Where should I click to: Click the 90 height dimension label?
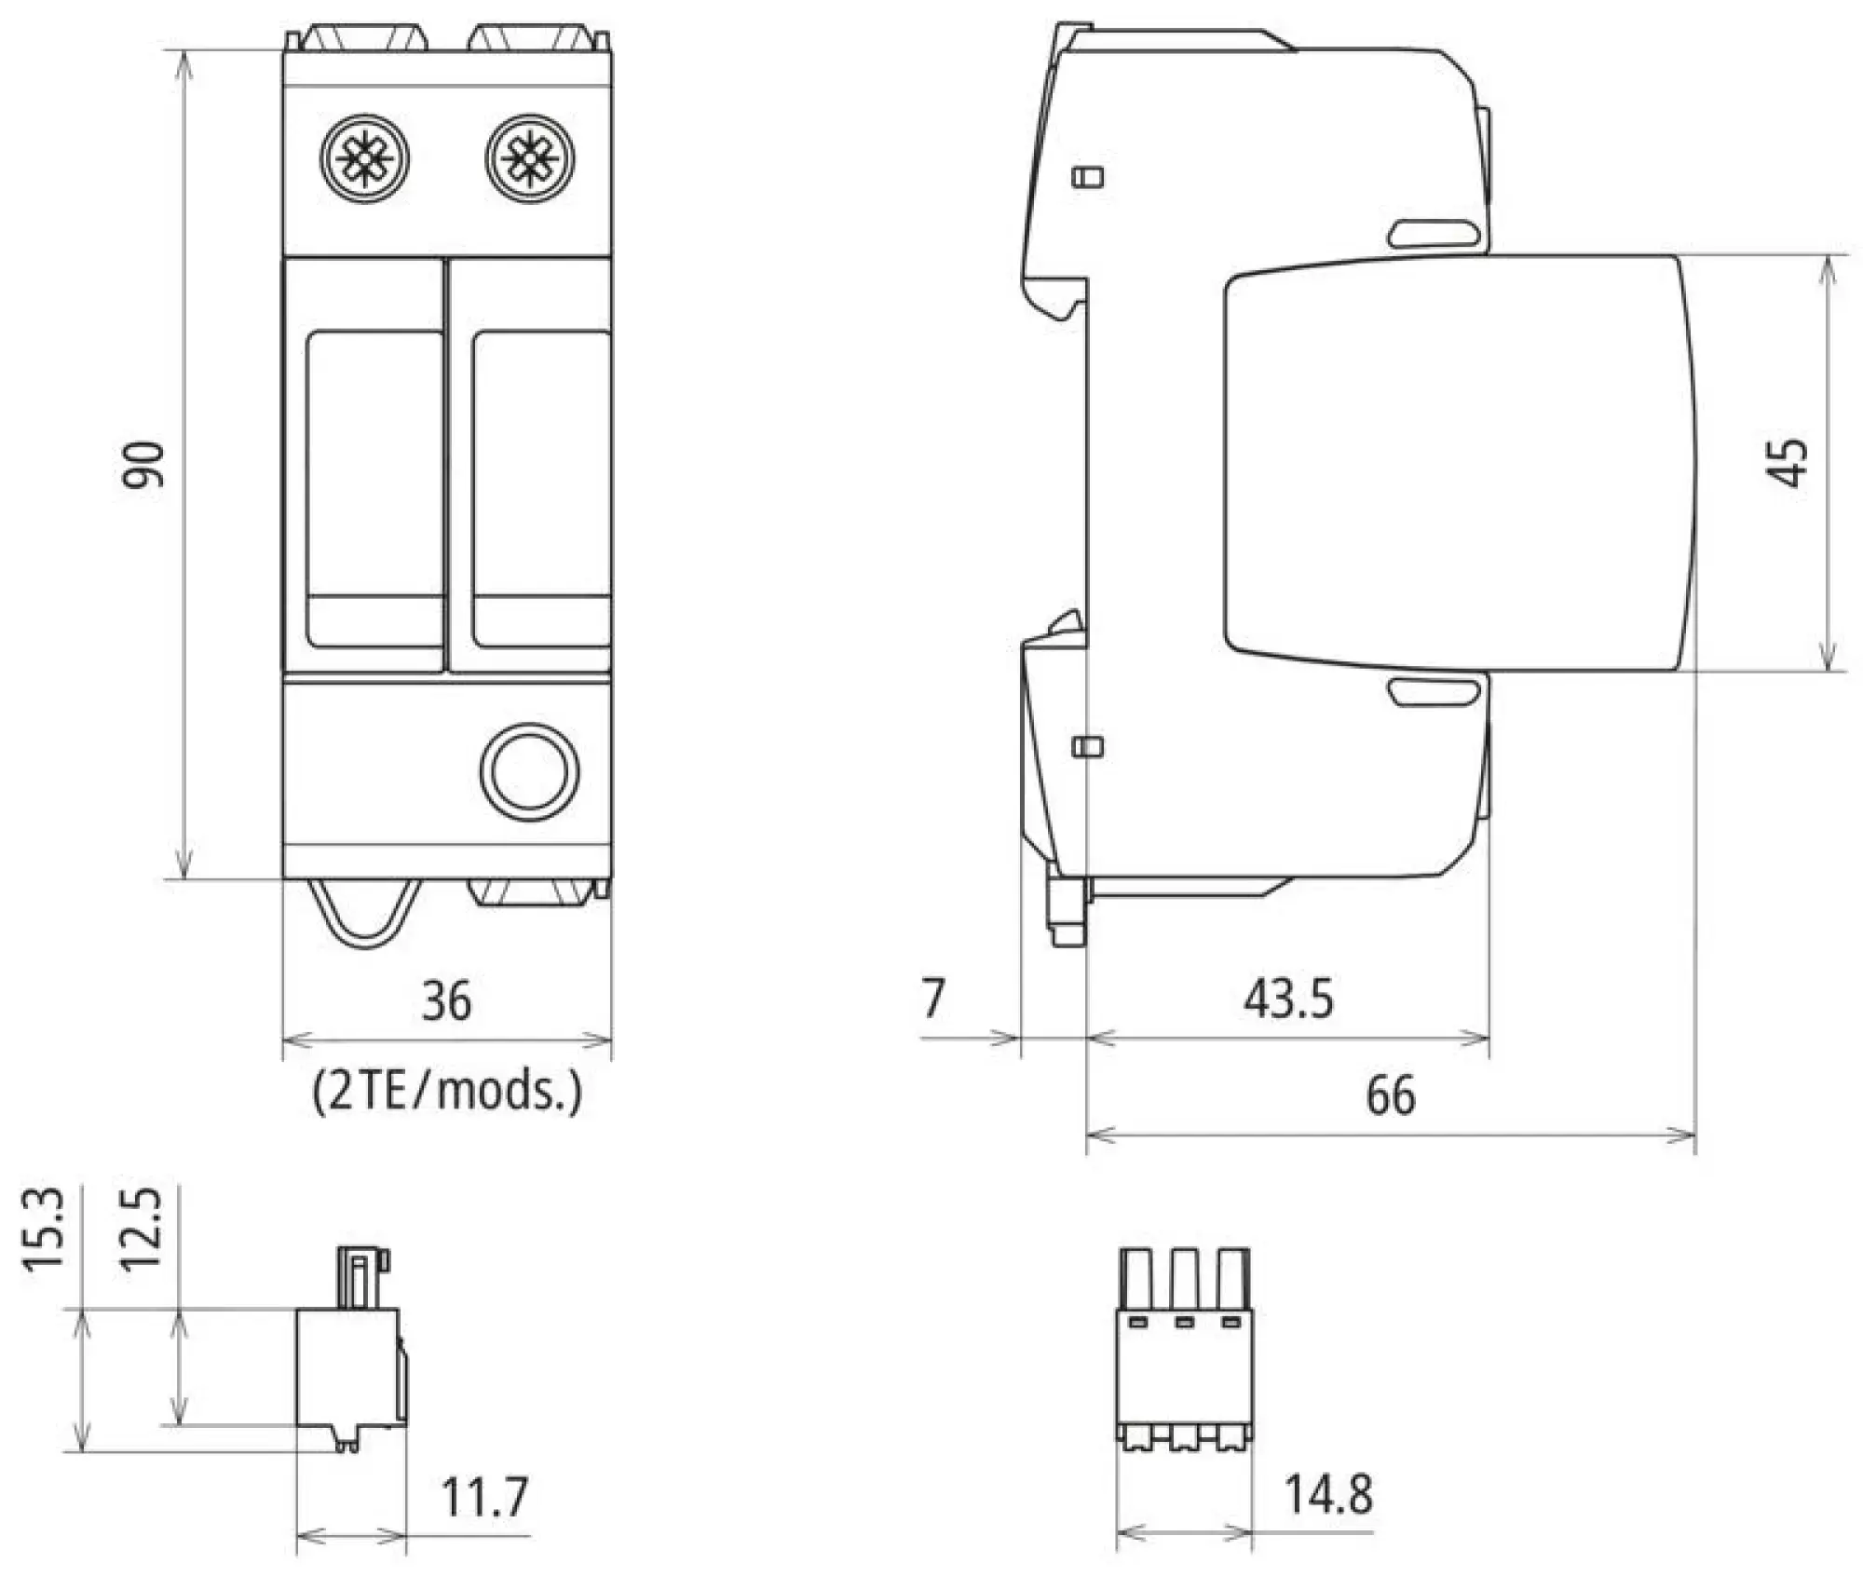144,465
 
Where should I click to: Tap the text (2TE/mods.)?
447,1089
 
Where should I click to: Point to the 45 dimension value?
1787,463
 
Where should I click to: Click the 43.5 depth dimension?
1288,998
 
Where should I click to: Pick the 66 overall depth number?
1391,1094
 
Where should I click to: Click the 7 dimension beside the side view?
933,998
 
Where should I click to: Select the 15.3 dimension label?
44,1229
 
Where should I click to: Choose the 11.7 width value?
484,1497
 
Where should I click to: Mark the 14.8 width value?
1328,1494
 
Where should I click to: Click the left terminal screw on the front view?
364,158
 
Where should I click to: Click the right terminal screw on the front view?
530,158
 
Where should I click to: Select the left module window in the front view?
374,488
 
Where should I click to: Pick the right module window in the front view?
541,488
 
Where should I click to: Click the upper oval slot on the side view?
1434,234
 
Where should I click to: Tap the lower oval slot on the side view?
1434,692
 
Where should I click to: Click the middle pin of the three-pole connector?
1184,1281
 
